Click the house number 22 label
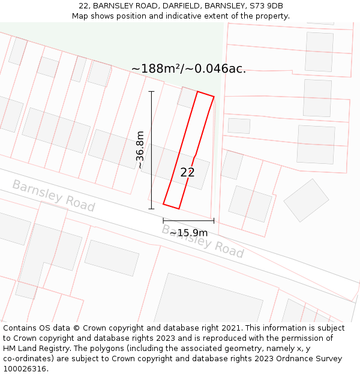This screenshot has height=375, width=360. point(187,172)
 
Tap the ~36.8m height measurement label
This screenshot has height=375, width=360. point(140,149)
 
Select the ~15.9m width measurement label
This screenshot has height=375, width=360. point(188,233)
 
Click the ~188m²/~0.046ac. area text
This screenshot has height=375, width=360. point(188,69)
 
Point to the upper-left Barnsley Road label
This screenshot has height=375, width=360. point(53,196)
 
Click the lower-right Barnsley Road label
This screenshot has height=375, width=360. point(203,241)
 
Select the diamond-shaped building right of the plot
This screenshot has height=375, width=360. point(306,200)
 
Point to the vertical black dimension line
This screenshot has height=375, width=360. point(151,150)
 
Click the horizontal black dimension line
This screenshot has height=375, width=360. point(188,221)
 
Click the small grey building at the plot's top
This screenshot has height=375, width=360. point(188,97)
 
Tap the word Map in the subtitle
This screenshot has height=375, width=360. point(80,16)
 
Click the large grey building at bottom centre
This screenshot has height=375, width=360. point(208,300)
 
